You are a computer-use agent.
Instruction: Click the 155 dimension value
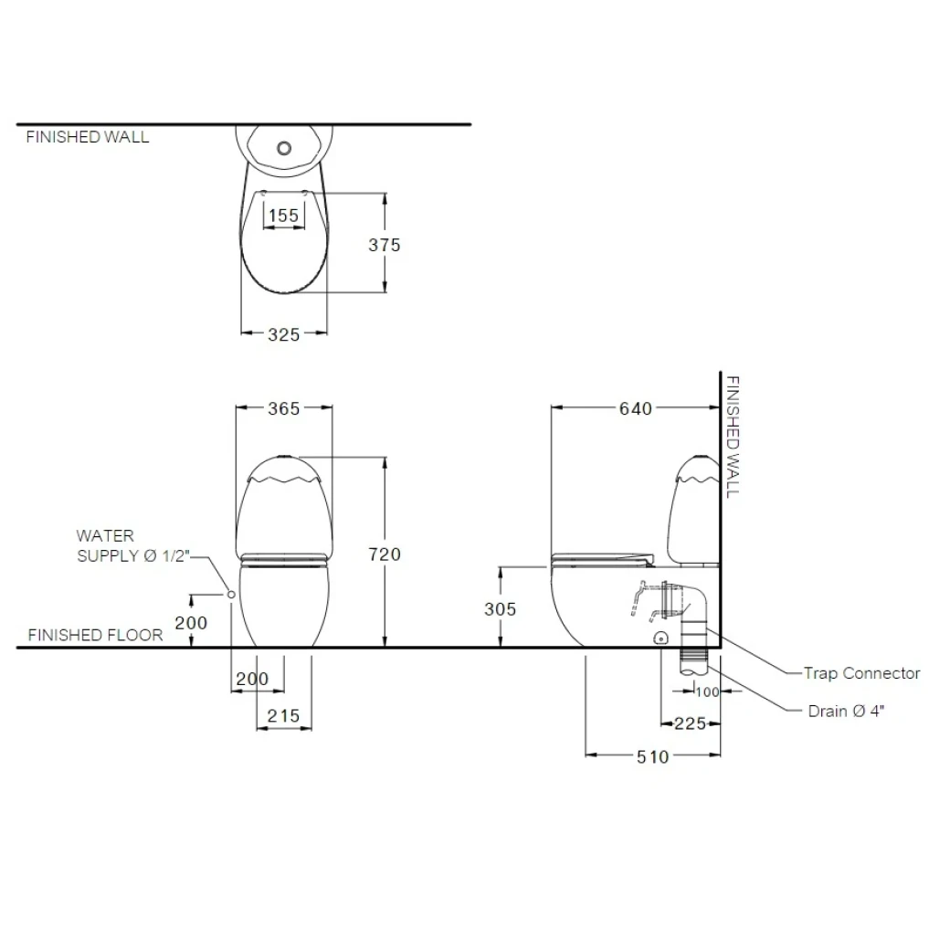point(283,215)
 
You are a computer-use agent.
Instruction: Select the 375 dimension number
point(385,245)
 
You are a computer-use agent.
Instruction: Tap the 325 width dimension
point(283,334)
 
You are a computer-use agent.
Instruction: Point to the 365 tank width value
point(283,408)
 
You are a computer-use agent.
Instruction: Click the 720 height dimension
point(385,554)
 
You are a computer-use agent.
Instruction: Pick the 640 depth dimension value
point(636,408)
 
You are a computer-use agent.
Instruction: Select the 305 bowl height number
point(500,609)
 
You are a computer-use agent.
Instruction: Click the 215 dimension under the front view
point(283,716)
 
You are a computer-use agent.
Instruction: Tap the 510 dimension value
point(652,756)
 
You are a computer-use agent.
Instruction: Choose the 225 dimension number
point(690,723)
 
